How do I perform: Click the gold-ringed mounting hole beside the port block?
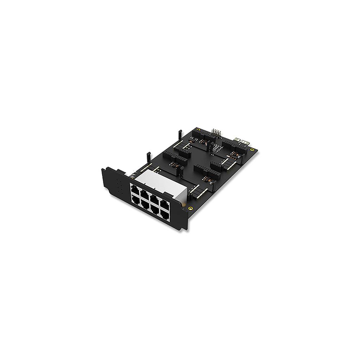[190, 208]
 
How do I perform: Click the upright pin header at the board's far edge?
[215, 131]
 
